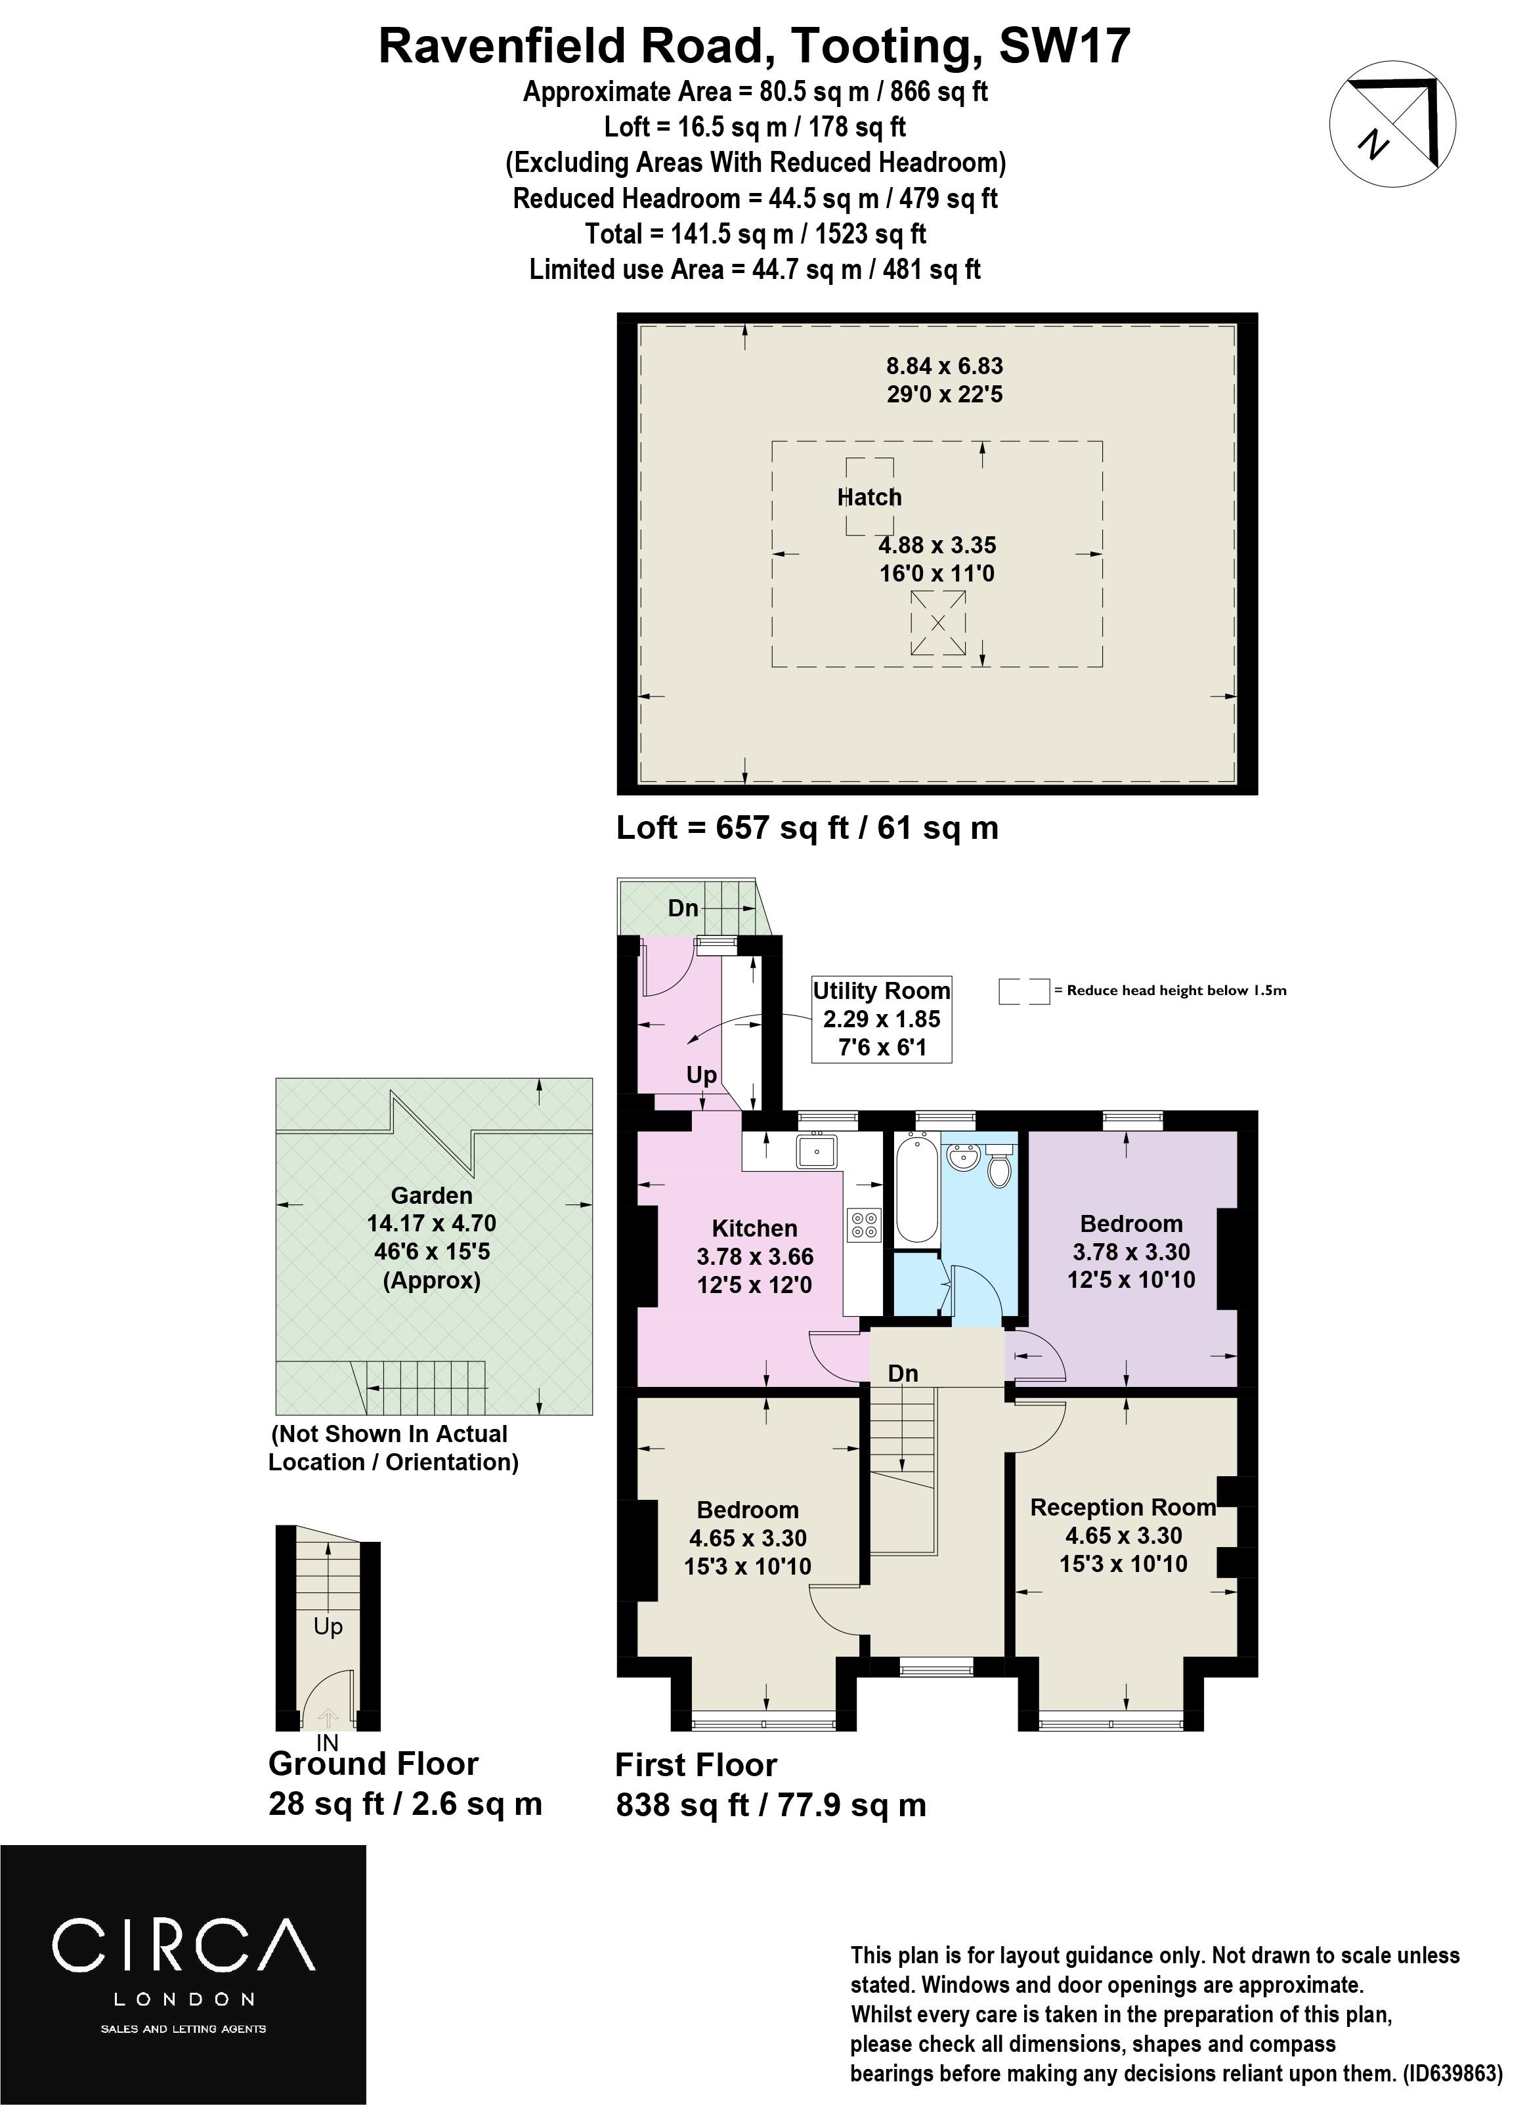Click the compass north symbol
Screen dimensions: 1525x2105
[1392, 124]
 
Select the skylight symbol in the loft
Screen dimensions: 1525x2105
[937, 622]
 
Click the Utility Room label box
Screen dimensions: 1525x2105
[882, 1019]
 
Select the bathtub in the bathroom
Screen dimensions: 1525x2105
[917, 1189]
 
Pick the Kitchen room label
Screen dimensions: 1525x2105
[754, 1229]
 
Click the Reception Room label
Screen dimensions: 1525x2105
[1123, 1507]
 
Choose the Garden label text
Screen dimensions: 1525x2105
[431, 1195]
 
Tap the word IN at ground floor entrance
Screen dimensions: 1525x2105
[327, 1744]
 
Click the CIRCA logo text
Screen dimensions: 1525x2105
[184, 1944]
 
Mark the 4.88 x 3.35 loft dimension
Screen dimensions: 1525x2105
[937, 545]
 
